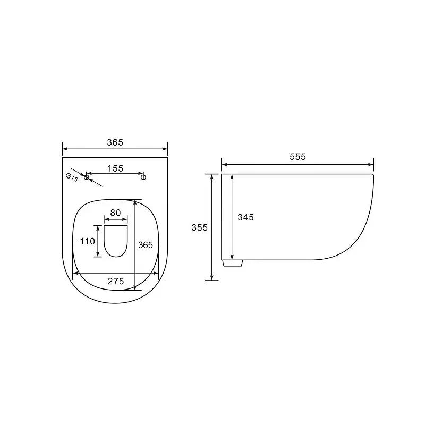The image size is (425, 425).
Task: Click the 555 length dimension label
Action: click(x=297, y=157)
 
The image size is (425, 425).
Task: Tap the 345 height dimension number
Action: click(x=245, y=217)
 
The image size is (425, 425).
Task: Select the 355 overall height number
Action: click(x=200, y=227)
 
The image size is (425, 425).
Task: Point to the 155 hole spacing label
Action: click(x=115, y=168)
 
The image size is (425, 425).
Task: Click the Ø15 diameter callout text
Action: click(x=72, y=177)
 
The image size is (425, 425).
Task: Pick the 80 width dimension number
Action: click(x=115, y=213)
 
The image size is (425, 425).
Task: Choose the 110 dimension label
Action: click(x=87, y=241)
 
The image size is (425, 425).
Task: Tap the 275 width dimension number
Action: click(x=116, y=281)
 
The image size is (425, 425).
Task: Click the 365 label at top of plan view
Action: click(x=115, y=142)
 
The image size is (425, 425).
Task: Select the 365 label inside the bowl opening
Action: click(x=146, y=245)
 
